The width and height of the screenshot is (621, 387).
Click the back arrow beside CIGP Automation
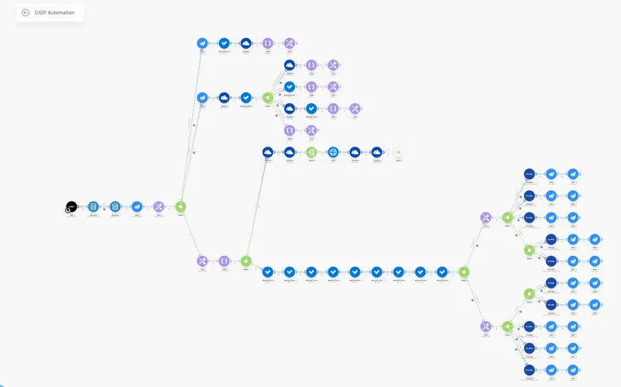26,12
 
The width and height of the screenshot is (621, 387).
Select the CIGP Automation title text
54,12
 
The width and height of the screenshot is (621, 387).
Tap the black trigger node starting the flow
71,207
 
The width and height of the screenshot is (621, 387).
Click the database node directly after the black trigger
93,207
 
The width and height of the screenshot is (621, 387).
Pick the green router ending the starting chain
181,207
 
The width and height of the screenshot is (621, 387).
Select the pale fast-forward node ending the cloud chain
398,153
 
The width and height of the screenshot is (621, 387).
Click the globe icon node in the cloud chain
333,153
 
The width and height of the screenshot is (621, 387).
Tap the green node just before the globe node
311,153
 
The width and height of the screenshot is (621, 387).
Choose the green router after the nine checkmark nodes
463,272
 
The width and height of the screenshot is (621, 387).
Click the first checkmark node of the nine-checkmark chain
268,272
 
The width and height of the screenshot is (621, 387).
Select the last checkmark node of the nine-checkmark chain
442,272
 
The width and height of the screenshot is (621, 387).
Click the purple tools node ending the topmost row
290,43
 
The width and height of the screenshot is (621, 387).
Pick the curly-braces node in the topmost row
268,43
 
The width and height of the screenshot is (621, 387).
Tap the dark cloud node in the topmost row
246,43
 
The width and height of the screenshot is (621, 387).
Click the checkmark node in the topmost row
224,43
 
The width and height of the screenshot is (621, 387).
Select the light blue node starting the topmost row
203,43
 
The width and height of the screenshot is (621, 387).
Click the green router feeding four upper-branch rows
268,98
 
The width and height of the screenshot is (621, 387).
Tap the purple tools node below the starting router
203,261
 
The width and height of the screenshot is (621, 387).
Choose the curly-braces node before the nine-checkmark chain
224,261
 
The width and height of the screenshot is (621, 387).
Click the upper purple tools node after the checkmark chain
485,218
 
